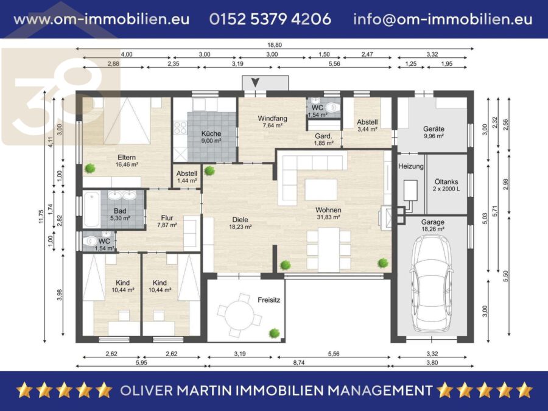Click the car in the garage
coord(432,283)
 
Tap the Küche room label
coord(211,133)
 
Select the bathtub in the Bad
coord(91,209)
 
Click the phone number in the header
coord(270,19)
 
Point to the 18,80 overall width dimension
coord(275,45)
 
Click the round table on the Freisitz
coord(239,315)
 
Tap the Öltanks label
coord(446,181)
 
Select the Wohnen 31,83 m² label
coord(328,213)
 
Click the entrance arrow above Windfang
coord(255,83)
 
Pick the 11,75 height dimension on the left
coord(41,216)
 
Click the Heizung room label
coord(410,166)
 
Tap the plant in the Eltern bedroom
coord(90,169)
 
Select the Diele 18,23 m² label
coord(240,223)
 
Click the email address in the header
coord(443,19)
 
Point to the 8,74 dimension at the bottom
coord(299,363)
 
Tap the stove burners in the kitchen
coord(180,128)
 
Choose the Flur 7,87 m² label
coord(167,221)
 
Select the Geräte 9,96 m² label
coord(434,132)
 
